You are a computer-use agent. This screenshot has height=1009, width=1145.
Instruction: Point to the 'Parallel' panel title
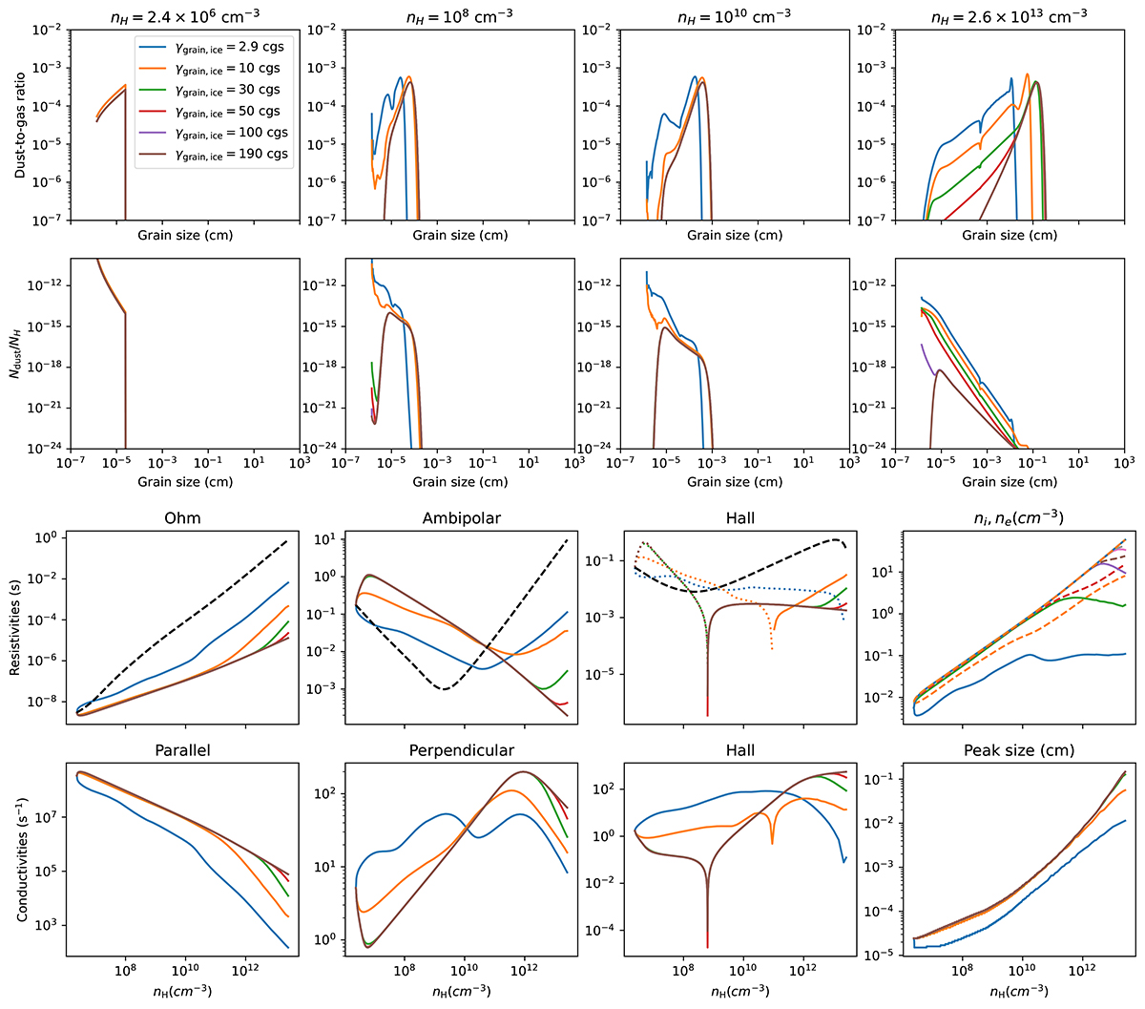click(x=182, y=750)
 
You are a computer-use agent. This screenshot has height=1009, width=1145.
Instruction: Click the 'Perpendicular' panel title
click(x=461, y=750)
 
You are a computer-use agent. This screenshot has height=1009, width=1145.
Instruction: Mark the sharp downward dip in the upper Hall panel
click(x=707, y=711)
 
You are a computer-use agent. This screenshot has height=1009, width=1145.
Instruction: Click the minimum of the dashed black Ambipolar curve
click(x=445, y=688)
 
